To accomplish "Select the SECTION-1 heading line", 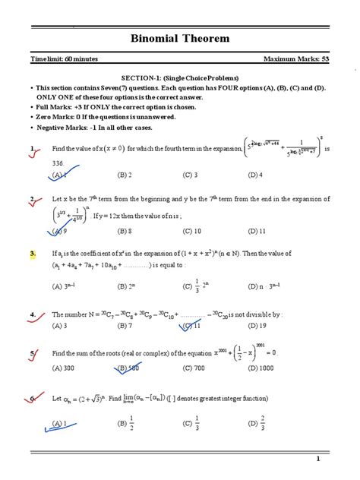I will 181,78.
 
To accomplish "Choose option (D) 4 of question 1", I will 255,174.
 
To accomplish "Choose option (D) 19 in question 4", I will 257,325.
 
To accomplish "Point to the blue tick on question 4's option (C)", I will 185,327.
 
